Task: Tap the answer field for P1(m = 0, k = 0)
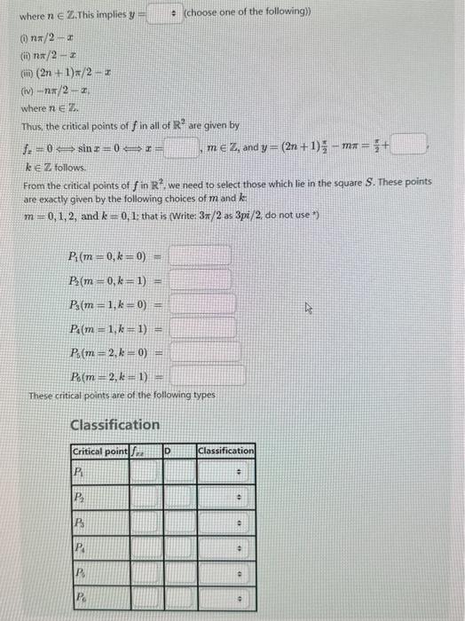pyautogui.click(x=201, y=255)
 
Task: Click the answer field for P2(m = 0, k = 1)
pyautogui.click(x=201, y=279)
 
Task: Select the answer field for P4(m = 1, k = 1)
pyautogui.click(x=201, y=328)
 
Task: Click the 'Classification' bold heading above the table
pyautogui.click(x=114, y=425)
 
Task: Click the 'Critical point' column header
pyautogui.click(x=99, y=452)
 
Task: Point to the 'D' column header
pyautogui.click(x=168, y=452)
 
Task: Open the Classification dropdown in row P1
pyautogui.click(x=225, y=471)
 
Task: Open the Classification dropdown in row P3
pyautogui.click(x=225, y=523)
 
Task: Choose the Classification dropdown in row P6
pyautogui.click(x=225, y=601)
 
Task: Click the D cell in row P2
pyautogui.click(x=175, y=497)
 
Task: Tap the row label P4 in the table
pyautogui.click(x=79, y=549)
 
